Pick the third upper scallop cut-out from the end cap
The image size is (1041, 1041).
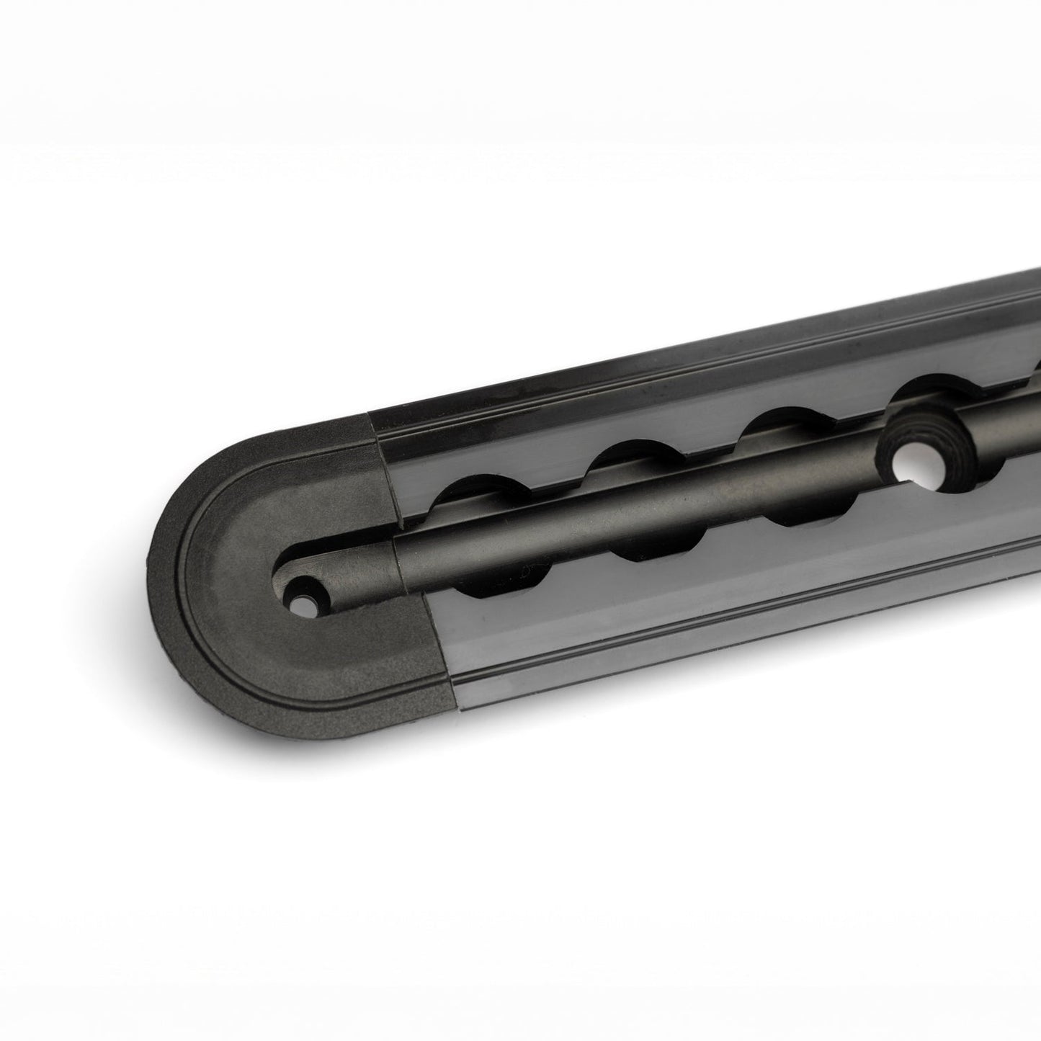pos(771,425)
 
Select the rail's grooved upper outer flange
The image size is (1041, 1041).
pos(648,375)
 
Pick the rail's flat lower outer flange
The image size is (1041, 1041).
pos(720,634)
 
